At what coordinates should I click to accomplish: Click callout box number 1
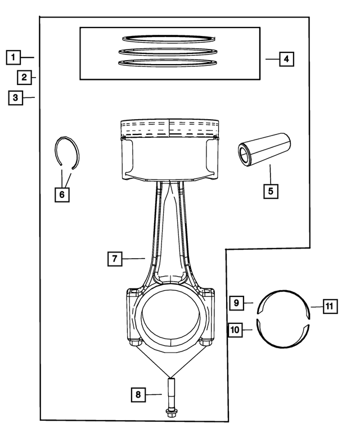[14, 57]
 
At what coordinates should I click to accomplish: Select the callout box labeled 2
[25, 77]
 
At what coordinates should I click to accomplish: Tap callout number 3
[16, 97]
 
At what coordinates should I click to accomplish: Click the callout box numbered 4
[286, 58]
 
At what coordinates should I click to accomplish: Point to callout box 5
[271, 190]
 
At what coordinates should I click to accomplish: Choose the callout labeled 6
[62, 195]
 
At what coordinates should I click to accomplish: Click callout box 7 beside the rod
[114, 259]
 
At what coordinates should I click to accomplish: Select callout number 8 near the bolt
[138, 395]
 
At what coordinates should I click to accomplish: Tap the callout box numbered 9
[237, 303]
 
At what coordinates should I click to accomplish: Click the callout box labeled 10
[236, 329]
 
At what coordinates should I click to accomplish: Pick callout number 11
[330, 307]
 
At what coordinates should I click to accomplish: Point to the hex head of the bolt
[170, 413]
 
